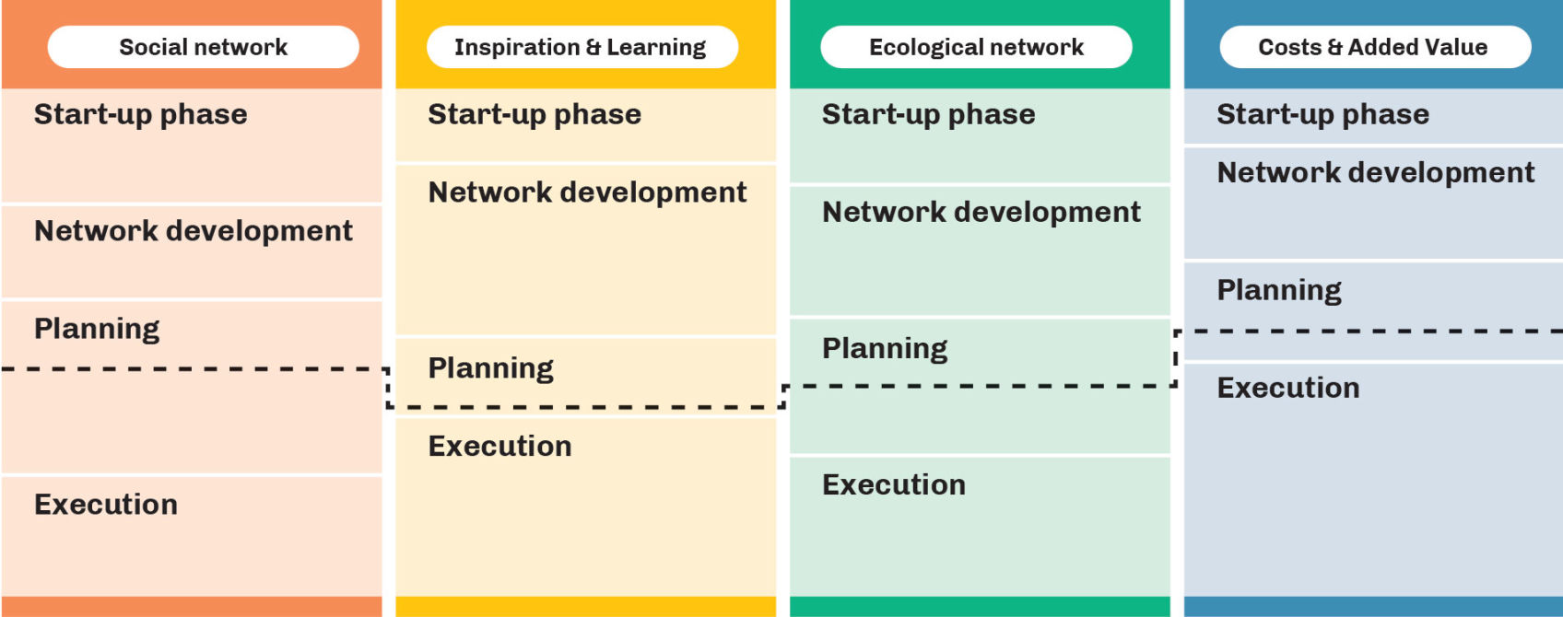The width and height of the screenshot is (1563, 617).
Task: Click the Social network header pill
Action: point(203,47)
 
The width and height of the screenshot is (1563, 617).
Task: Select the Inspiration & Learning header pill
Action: point(582,47)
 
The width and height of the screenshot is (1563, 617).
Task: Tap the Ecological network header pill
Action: point(976,47)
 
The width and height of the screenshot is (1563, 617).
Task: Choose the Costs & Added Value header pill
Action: point(1375,47)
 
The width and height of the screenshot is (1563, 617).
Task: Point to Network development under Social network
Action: point(194,231)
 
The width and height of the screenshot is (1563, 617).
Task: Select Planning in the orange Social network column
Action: point(96,329)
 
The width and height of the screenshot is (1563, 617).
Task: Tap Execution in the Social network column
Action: point(105,505)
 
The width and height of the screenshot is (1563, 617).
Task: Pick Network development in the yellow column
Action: point(588,192)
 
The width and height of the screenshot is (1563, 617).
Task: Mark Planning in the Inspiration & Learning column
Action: point(490,368)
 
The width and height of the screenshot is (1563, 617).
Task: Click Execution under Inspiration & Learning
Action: point(499,447)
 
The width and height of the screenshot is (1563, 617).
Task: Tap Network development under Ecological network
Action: point(981,212)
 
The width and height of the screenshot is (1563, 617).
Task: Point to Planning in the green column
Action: point(885,349)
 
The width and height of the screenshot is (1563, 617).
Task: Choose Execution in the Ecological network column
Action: point(894,485)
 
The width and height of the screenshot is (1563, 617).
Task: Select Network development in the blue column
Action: point(1376,173)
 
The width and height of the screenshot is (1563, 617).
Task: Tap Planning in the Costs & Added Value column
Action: point(1279,290)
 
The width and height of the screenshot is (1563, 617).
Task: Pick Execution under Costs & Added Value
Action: point(1288,388)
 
